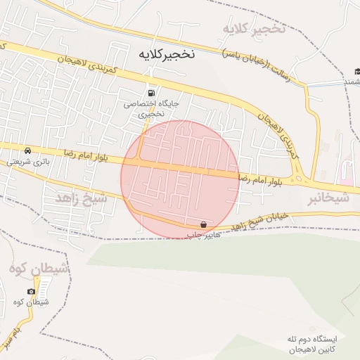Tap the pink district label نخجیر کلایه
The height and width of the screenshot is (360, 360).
coord(254,29)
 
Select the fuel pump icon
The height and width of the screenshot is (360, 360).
coord(150,93)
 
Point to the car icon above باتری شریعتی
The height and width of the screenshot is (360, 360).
coord(27,150)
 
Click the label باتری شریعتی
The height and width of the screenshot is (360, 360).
coord(25,161)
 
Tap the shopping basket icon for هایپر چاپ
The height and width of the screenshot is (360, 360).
coord(203,225)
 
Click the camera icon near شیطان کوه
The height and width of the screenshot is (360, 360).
coord(31,291)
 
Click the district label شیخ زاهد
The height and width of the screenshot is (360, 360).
coord(82,199)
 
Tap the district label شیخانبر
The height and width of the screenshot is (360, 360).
coord(328,199)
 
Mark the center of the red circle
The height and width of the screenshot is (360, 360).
coord(180,179)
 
